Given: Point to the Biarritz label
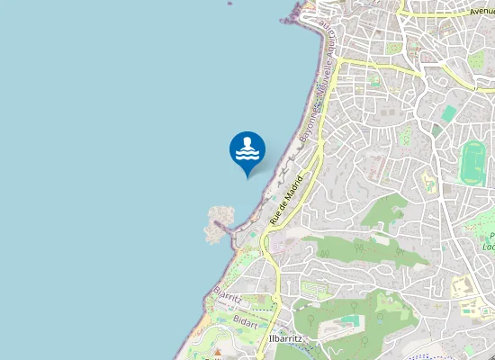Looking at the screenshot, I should click(x=228, y=296).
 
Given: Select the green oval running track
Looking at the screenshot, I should click(x=471, y=162).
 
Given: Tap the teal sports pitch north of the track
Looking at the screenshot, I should click(x=448, y=113).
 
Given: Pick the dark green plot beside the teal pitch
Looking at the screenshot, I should click(x=474, y=61).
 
